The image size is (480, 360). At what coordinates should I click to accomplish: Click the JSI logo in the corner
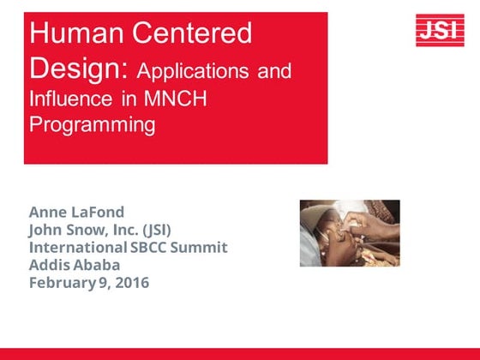[x=440, y=31]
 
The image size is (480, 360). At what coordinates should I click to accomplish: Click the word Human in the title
[x=71, y=34]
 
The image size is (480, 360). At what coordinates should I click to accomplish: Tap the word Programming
[x=93, y=125]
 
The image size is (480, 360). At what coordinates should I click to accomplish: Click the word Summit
[x=203, y=247]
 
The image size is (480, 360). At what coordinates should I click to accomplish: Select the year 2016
[x=132, y=282]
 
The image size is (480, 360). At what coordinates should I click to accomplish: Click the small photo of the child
[x=350, y=233]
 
